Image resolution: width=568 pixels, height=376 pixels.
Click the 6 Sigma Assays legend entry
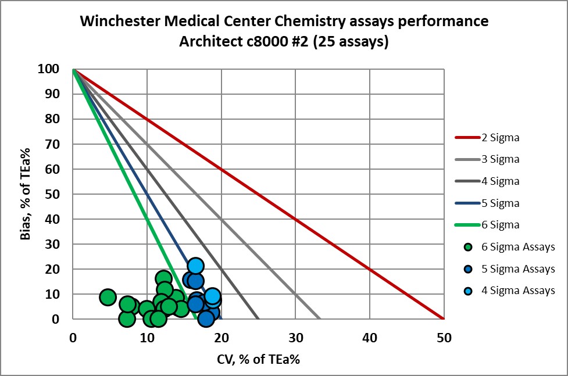(517, 247)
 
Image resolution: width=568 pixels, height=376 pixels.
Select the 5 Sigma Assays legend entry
(517, 269)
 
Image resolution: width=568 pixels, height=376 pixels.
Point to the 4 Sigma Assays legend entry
(517, 291)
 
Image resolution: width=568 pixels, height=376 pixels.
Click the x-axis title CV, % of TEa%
(258, 359)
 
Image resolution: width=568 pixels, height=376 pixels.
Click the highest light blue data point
(195, 266)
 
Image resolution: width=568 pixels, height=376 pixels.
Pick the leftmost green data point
(108, 297)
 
